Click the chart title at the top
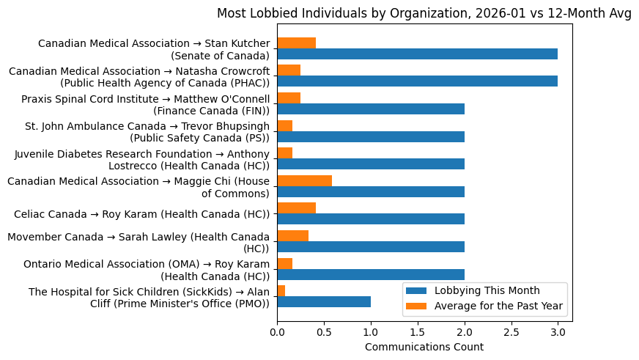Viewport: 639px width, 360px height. coord(424,13)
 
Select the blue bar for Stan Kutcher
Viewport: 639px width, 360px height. coord(417,54)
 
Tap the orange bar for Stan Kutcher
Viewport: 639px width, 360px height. coord(296,43)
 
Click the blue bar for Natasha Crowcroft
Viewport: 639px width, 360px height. coord(417,81)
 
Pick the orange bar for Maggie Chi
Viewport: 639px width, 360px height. coord(304,180)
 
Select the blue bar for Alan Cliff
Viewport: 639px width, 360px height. coord(324,301)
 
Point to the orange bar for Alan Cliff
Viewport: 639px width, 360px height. coord(281,290)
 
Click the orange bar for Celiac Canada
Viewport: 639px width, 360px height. coord(296,208)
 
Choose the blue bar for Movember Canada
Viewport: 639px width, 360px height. coord(371,246)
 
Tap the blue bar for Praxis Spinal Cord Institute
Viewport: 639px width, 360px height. coord(371,109)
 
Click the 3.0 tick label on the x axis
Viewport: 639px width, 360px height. coord(558,331)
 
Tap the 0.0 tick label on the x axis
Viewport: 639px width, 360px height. coord(277,331)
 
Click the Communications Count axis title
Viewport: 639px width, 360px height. coord(424,347)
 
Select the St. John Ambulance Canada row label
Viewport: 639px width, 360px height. coord(147,132)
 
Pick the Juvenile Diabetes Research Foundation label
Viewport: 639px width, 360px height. coord(142,159)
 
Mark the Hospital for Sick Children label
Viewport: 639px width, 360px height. coord(149,297)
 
